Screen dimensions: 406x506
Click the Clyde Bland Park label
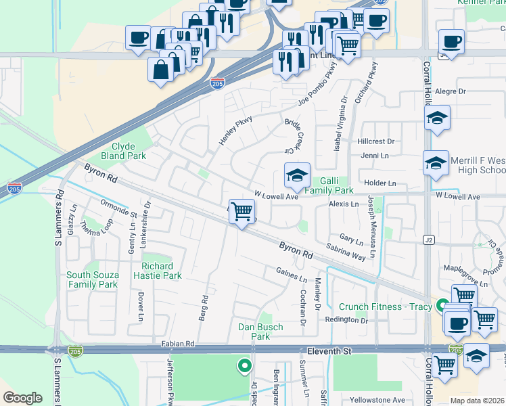tap(123, 151)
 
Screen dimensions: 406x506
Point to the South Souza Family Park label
tap(93, 279)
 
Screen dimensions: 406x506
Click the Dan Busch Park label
tap(260, 332)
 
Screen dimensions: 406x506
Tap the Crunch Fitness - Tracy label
tap(385, 307)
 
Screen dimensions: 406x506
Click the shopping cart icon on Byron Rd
tap(241, 212)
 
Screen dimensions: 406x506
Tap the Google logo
tap(23, 398)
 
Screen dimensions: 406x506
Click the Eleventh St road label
tap(329, 352)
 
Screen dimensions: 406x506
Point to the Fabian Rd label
tap(178, 343)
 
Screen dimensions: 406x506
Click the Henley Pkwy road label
tap(235, 130)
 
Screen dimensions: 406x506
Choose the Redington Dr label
tap(346, 320)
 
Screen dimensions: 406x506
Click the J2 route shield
tap(428, 240)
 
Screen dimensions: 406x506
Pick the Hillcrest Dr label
tap(376, 141)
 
